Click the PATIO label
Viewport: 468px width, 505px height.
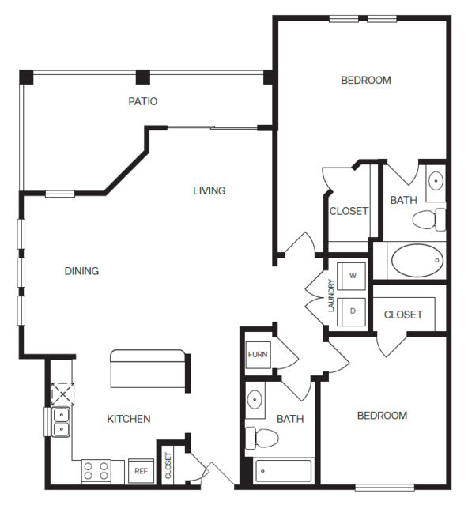[x=143, y=101]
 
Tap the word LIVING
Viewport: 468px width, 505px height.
[x=209, y=190]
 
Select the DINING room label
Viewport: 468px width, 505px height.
[x=81, y=271]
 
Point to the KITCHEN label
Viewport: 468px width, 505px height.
[x=129, y=419]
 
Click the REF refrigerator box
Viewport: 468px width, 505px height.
[x=141, y=471]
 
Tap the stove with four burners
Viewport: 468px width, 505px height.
[x=96, y=471]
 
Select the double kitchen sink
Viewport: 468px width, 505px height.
[x=61, y=422]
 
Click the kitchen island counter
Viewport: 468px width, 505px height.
[x=148, y=369]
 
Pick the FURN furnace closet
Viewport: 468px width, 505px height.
[x=257, y=355]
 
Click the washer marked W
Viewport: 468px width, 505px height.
[x=353, y=276]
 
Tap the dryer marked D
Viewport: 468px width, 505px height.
[x=353, y=311]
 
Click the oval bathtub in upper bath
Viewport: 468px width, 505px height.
[x=417, y=260]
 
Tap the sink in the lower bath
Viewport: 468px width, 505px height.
[x=255, y=401]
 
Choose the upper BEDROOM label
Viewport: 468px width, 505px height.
[x=365, y=80]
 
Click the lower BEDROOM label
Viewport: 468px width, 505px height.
[x=382, y=416]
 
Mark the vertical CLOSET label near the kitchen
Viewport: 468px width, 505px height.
[x=168, y=465]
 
